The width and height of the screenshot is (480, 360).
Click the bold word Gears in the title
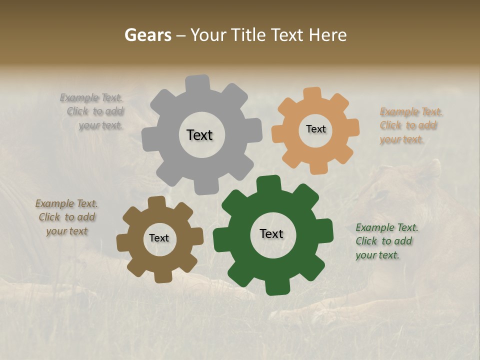click(148, 35)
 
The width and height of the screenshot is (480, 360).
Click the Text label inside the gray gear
click(199, 135)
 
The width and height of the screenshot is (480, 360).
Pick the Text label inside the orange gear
click(315, 129)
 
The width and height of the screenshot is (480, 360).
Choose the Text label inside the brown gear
click(159, 238)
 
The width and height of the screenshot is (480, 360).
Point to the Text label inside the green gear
click(271, 233)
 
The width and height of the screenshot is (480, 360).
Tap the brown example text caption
click(67, 217)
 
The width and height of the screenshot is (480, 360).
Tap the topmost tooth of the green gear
click(268, 183)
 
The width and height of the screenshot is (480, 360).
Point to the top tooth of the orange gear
click(312, 94)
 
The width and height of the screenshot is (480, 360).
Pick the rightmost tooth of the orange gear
click(352, 127)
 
